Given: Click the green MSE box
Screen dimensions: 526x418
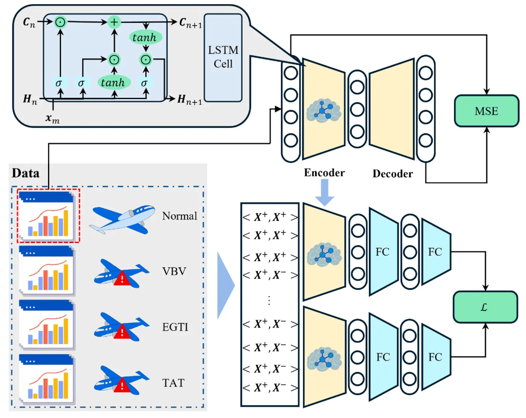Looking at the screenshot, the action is click(x=486, y=111).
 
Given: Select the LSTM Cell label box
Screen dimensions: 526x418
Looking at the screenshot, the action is click(x=223, y=57).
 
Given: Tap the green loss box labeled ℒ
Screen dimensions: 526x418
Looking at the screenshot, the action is click(x=485, y=307).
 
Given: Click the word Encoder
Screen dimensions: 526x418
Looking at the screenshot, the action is click(x=324, y=173).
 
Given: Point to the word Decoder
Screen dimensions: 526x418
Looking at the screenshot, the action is click(x=393, y=174).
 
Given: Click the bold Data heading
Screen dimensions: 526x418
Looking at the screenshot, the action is click(x=26, y=173).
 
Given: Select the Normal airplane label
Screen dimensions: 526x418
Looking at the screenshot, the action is click(x=180, y=216).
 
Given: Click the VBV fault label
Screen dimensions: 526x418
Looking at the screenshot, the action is click(x=174, y=271).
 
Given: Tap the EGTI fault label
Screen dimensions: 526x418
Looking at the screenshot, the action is click(x=175, y=327).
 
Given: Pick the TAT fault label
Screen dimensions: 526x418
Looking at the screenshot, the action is click(x=173, y=383).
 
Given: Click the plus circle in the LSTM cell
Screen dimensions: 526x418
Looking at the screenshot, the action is click(x=114, y=22).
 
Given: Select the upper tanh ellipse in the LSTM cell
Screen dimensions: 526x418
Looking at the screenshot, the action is click(x=145, y=38).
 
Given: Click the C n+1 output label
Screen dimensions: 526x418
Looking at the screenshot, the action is click(x=190, y=23).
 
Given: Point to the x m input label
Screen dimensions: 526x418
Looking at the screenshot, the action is click(x=52, y=119).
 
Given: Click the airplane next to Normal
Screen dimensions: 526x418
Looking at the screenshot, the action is click(x=122, y=219).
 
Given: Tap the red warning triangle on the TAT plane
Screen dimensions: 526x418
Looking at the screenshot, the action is click(x=122, y=385).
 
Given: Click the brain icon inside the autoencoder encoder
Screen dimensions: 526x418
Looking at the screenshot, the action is click(x=323, y=110).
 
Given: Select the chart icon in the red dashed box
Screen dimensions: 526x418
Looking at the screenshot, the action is click(x=47, y=216).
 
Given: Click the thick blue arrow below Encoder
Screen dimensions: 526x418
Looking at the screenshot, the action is click(x=324, y=192).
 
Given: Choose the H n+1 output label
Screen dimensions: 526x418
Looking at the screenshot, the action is click(x=189, y=100).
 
